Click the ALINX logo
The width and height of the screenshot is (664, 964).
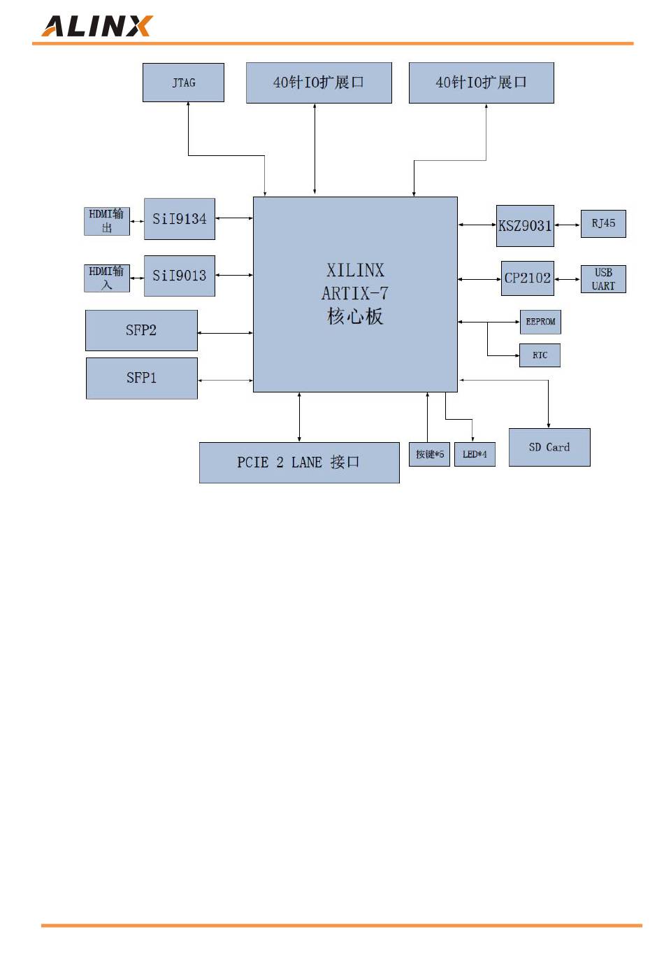pyautogui.click(x=96, y=26)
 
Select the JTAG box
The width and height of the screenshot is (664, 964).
pyautogui.click(x=183, y=83)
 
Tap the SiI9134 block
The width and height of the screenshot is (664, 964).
pyautogui.click(x=180, y=219)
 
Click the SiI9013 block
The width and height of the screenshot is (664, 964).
pyautogui.click(x=180, y=276)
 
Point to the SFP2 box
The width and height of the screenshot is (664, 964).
pyautogui.click(x=141, y=330)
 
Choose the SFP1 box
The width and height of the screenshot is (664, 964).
pyautogui.click(x=141, y=378)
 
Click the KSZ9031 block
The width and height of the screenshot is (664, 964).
pyautogui.click(x=525, y=225)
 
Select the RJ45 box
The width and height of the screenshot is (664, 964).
pyautogui.click(x=603, y=224)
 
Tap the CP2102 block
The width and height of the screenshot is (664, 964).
pyautogui.click(x=528, y=278)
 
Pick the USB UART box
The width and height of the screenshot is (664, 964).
pyautogui.click(x=603, y=279)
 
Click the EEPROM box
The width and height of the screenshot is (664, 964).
pyautogui.click(x=540, y=322)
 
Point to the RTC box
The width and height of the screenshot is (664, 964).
pyautogui.click(x=540, y=355)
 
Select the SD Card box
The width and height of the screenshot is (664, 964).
pyautogui.click(x=549, y=447)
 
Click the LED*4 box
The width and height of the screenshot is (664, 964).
pyautogui.click(x=475, y=455)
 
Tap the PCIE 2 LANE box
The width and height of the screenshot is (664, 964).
pyautogui.click(x=299, y=462)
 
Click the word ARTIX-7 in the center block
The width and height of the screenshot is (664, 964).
pyautogui.click(x=355, y=293)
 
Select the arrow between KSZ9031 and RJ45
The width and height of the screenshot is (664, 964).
pyautogui.click(x=567, y=225)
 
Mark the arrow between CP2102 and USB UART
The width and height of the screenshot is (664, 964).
pyautogui.click(x=567, y=279)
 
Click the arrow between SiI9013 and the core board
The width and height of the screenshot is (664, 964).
pyautogui.click(x=234, y=275)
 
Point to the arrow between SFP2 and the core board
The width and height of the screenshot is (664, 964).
pyautogui.click(x=225, y=333)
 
